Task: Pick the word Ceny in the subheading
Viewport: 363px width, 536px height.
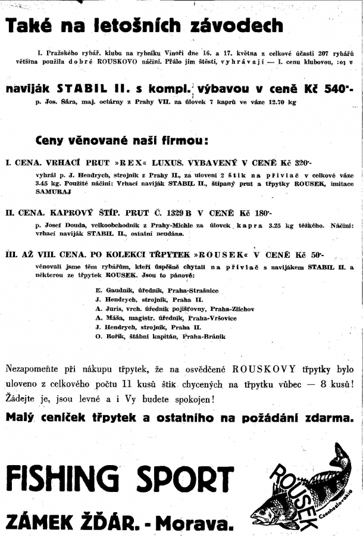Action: pyautogui.click(x=54, y=141)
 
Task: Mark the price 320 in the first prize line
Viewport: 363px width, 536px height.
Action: pyautogui.click(x=304, y=161)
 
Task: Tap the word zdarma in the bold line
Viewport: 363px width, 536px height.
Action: pyautogui.click(x=331, y=417)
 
